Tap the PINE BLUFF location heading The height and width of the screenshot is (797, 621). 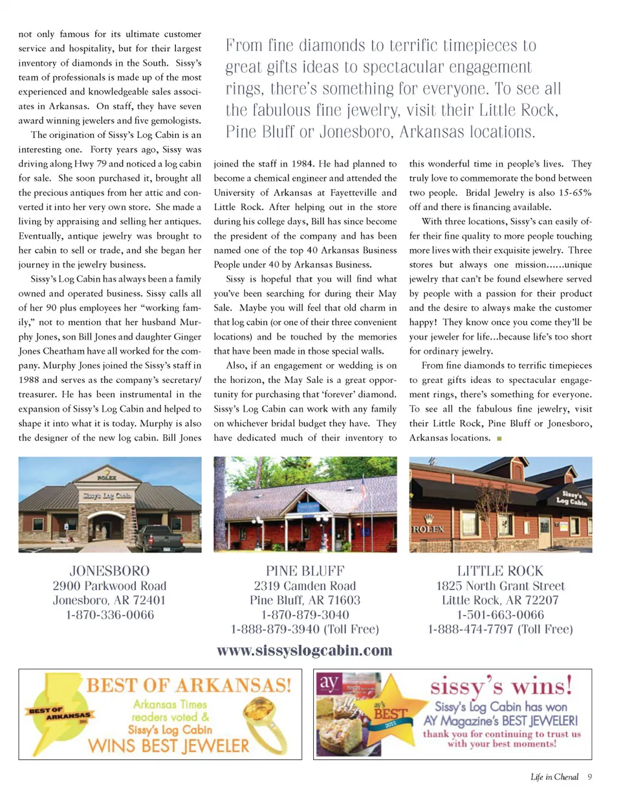304,571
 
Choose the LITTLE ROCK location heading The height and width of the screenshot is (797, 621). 500,571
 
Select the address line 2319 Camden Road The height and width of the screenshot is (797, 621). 304,585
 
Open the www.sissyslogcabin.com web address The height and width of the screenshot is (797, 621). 305,650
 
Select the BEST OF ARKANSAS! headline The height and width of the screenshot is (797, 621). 189,684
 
